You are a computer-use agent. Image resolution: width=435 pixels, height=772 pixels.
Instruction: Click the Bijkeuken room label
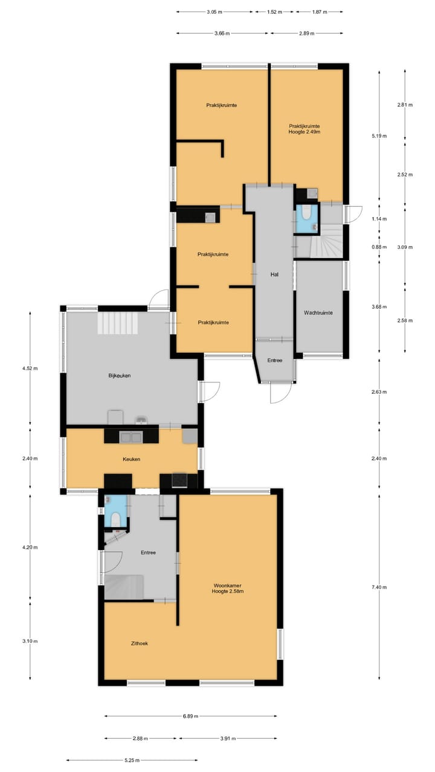[120, 376]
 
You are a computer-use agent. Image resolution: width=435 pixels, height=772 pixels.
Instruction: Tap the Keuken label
[132, 459]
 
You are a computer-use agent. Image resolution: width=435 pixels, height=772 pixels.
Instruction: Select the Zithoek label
[138, 644]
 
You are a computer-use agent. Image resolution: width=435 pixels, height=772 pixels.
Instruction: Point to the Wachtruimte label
[318, 313]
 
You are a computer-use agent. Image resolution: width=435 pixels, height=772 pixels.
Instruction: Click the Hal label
[274, 274]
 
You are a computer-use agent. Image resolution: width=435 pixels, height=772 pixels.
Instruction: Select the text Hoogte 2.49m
[304, 131]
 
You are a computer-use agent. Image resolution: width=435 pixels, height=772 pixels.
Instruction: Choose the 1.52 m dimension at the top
[275, 11]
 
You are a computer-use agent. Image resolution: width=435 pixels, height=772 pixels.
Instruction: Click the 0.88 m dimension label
[379, 247]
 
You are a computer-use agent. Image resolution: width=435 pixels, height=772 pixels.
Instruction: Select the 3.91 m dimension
[228, 738]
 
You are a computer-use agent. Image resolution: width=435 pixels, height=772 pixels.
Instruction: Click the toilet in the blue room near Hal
[306, 213]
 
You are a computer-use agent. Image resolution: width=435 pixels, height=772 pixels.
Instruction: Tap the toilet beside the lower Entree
[114, 519]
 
